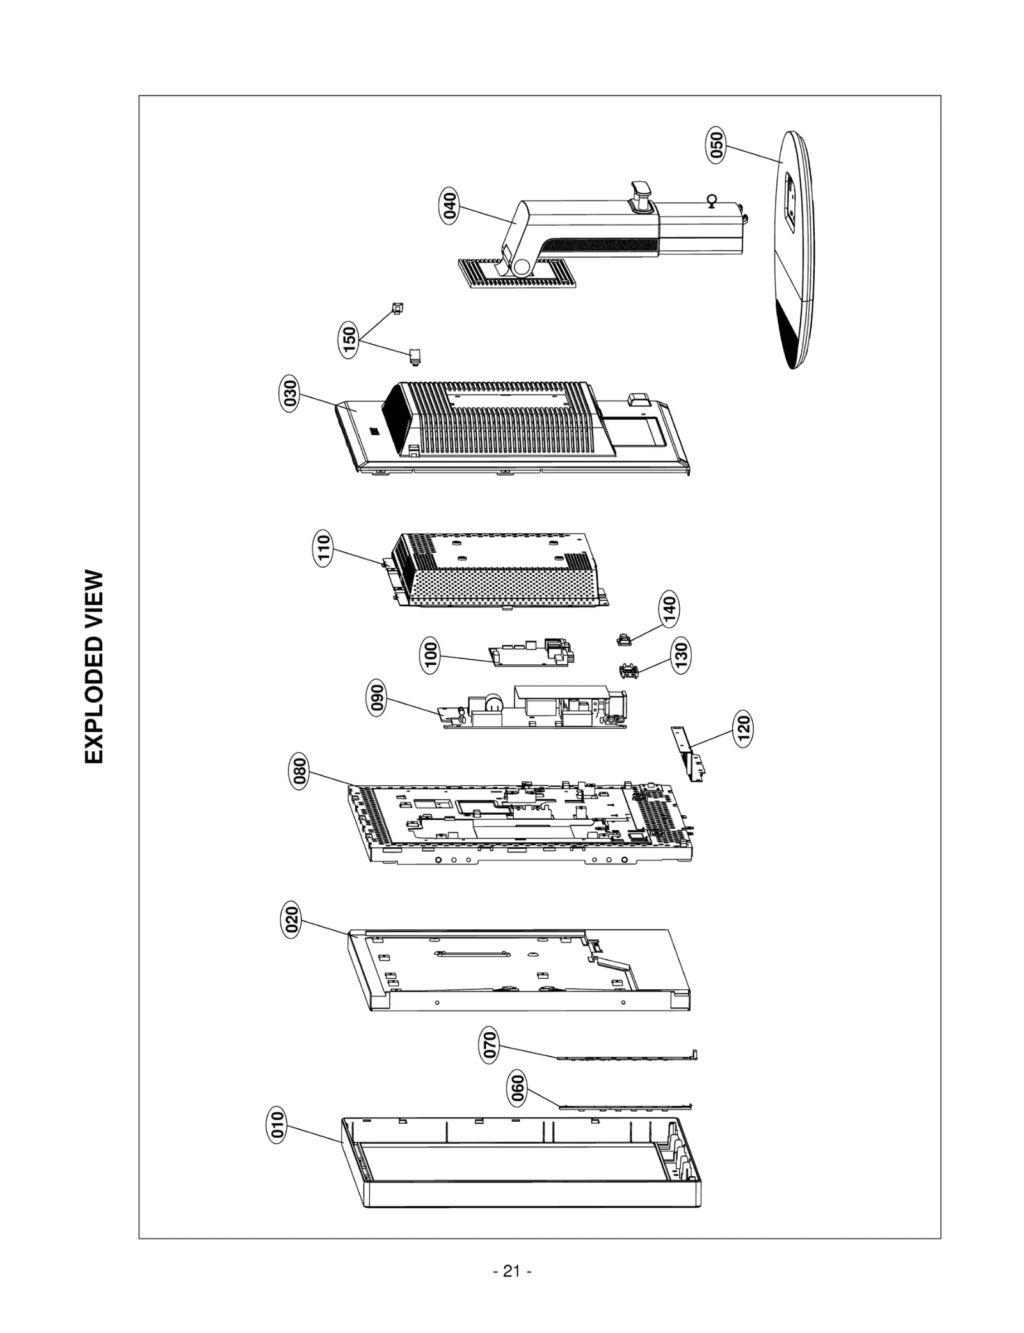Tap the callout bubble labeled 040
[451, 207]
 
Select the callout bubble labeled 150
[349, 340]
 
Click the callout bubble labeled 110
[323, 548]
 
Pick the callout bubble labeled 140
[669, 611]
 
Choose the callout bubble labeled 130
[681, 655]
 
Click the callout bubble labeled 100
[431, 656]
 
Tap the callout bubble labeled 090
[378, 699]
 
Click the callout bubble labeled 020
[291, 921]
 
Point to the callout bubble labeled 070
[490, 1046]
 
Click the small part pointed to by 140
[623, 639]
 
